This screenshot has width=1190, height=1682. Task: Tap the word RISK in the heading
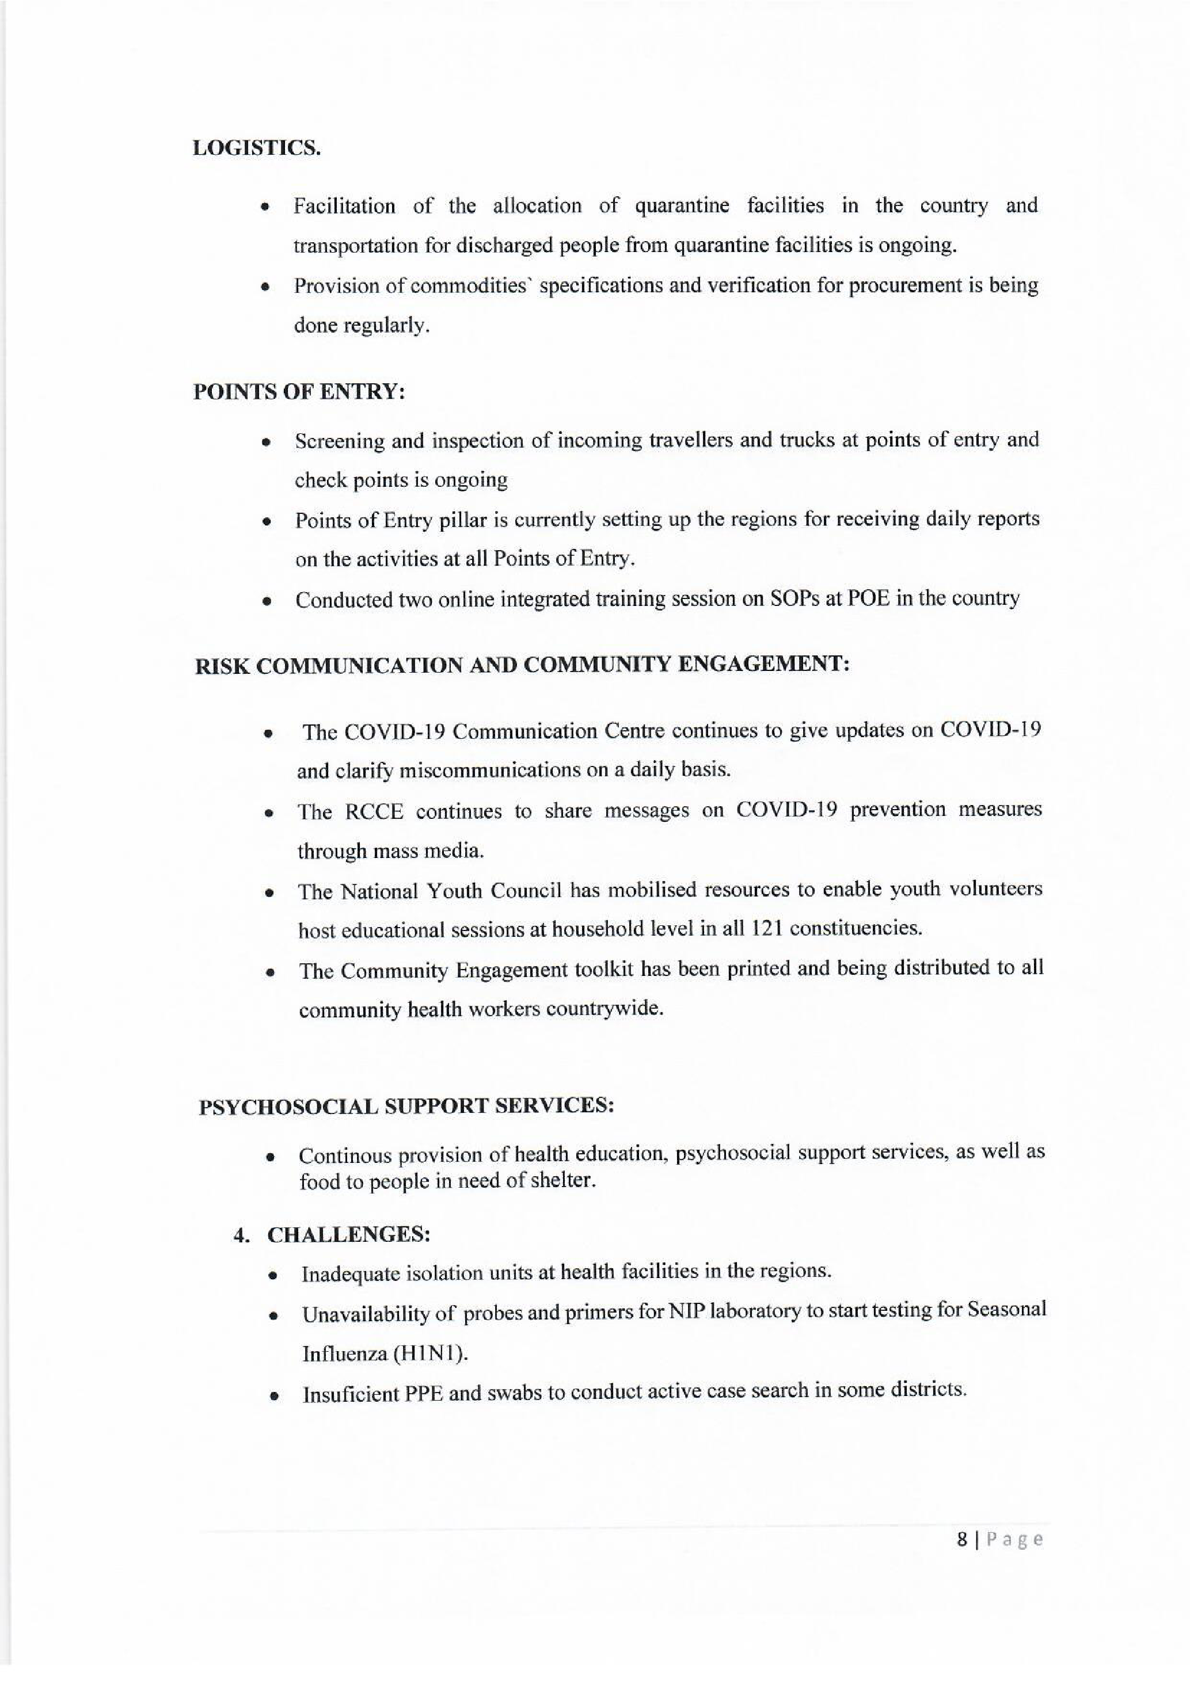pos(223,668)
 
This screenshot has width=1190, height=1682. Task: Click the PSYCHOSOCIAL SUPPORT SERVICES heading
pos(406,1106)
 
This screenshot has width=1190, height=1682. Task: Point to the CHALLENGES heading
pos(348,1234)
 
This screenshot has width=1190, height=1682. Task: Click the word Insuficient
pos(350,1394)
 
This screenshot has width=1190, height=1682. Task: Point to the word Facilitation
pos(344,206)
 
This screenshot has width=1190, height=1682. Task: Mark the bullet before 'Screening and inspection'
pos(268,443)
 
